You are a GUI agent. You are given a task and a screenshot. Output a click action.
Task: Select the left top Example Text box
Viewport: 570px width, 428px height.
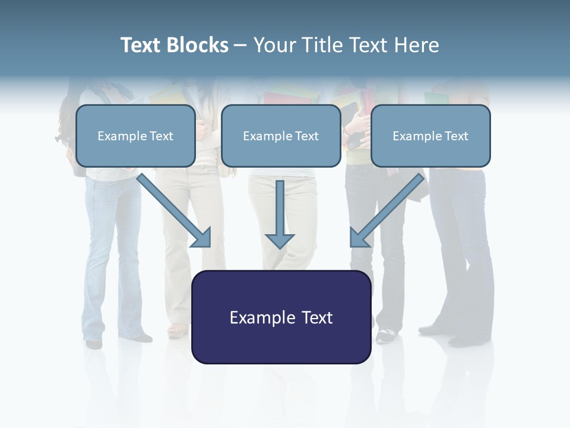coord(135,136)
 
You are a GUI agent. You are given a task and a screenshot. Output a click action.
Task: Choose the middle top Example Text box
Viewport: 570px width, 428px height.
coord(281,136)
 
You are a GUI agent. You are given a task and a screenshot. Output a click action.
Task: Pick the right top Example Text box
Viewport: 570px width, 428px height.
coord(430,136)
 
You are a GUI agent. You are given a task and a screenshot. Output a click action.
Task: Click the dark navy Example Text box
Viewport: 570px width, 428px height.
coord(281,317)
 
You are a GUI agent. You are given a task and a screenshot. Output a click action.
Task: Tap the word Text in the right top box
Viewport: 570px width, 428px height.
coord(457,136)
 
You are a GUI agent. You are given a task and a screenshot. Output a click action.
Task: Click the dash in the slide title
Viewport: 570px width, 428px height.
coord(240,45)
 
